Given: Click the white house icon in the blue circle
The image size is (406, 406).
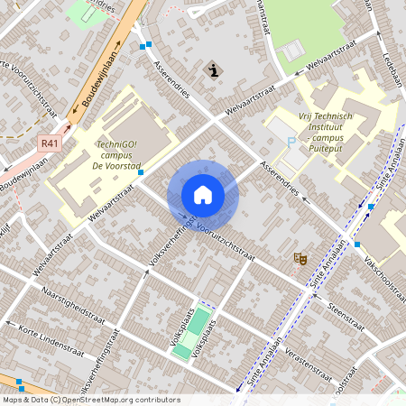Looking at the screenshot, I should (203, 194).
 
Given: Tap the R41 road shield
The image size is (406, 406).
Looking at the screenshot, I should (49, 143).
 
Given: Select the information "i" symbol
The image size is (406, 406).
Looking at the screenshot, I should (212, 69).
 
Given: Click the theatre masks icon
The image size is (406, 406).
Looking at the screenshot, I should (300, 259).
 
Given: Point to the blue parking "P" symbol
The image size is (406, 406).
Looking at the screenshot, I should (291, 142).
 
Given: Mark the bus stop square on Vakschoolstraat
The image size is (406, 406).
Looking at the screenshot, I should (357, 244).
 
